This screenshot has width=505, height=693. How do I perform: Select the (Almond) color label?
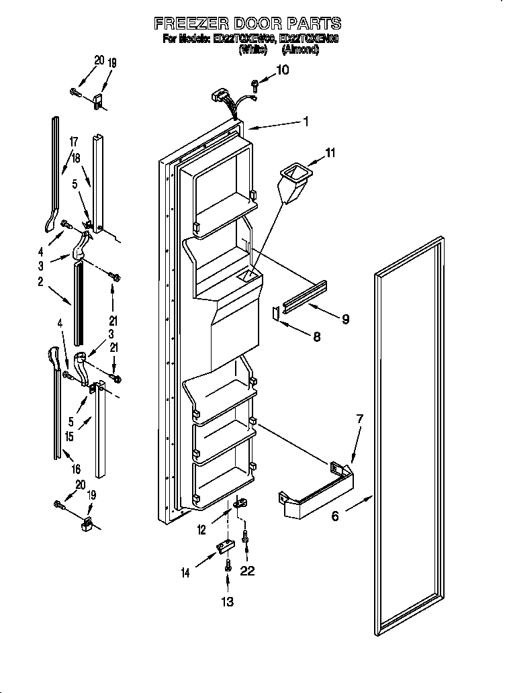pyautogui.click(x=300, y=50)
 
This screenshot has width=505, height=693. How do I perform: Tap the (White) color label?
pyautogui.click(x=257, y=50)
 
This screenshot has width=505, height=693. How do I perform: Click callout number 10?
pyautogui.click(x=283, y=69)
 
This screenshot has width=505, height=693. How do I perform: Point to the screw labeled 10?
pyautogui.click(x=255, y=85)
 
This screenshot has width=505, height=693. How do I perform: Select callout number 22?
pyautogui.click(x=248, y=571)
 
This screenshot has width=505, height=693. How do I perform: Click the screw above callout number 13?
pyautogui.click(x=228, y=565)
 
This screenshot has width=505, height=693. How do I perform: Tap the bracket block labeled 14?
pyautogui.click(x=221, y=549)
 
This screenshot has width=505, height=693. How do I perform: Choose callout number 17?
pyautogui.click(x=73, y=142)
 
